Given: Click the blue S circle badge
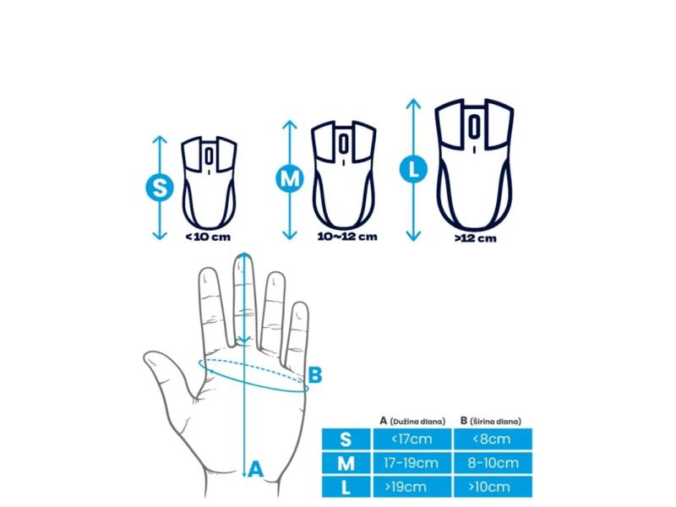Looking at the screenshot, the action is point(160,188).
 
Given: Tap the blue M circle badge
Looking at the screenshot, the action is point(289,178).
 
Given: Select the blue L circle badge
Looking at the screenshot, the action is point(413,169).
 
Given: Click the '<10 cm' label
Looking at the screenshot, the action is point(208,237).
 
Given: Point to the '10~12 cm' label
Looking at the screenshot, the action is point(347,237).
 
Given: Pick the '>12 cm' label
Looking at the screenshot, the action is point(476,238).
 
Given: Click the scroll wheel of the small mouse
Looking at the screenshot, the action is point(209,155).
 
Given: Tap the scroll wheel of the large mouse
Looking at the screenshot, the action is point(474,126).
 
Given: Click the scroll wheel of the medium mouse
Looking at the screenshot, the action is point(344,144).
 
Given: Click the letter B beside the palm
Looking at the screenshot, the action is point(315,374).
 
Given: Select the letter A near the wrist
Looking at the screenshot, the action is point(256,469).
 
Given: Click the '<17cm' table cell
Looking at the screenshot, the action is point(412,439).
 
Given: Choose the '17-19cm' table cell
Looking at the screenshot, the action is point(412,463).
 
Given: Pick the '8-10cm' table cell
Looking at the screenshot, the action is point(493,463).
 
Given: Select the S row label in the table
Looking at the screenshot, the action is point(346,439).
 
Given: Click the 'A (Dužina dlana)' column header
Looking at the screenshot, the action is point(412,421).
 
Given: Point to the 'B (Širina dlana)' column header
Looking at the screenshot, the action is point(491,421).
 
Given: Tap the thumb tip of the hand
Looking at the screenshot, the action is point(149,356).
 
